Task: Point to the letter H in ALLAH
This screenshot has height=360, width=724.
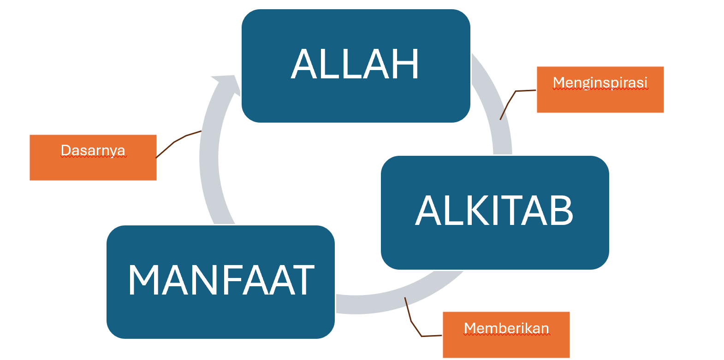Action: [x=405, y=64]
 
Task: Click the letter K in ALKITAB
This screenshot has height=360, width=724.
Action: [x=456, y=210]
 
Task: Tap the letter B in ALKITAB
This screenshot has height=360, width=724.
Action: [x=560, y=210]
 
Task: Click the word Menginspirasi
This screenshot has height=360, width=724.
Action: [x=600, y=83]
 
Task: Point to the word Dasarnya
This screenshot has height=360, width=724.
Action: [x=93, y=150]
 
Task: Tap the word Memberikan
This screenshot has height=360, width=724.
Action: [x=506, y=328]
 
